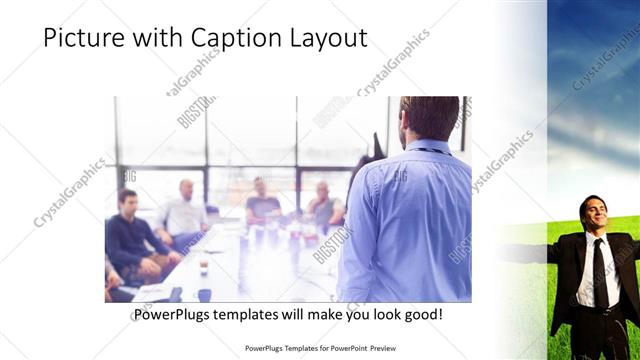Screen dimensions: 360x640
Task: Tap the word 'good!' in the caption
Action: pyautogui.click(x=423, y=315)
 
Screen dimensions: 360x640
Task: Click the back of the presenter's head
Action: pyautogui.click(x=414, y=118)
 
